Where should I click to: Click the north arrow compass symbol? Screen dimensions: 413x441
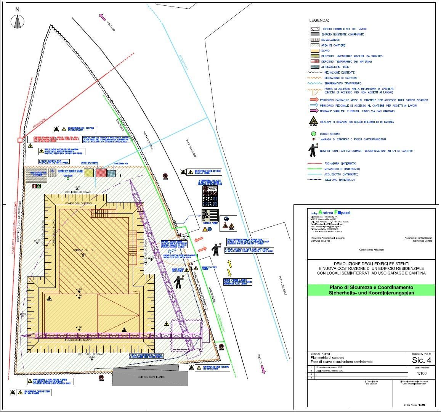pos(18,21)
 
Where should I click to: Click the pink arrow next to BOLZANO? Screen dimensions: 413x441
pos(102,16)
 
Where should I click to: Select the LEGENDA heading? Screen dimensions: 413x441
pos(319,20)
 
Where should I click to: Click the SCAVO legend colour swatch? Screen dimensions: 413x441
pos(314,51)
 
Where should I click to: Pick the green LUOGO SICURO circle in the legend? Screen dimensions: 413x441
pos(313,134)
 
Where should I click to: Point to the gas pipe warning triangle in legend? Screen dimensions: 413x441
pos(313,122)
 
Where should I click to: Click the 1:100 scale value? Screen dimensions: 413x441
pos(422,374)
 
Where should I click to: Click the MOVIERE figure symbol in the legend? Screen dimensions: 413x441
pos(313,151)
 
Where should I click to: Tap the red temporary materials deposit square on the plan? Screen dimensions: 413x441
pos(101,173)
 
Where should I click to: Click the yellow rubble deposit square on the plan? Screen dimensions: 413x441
pos(88,173)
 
